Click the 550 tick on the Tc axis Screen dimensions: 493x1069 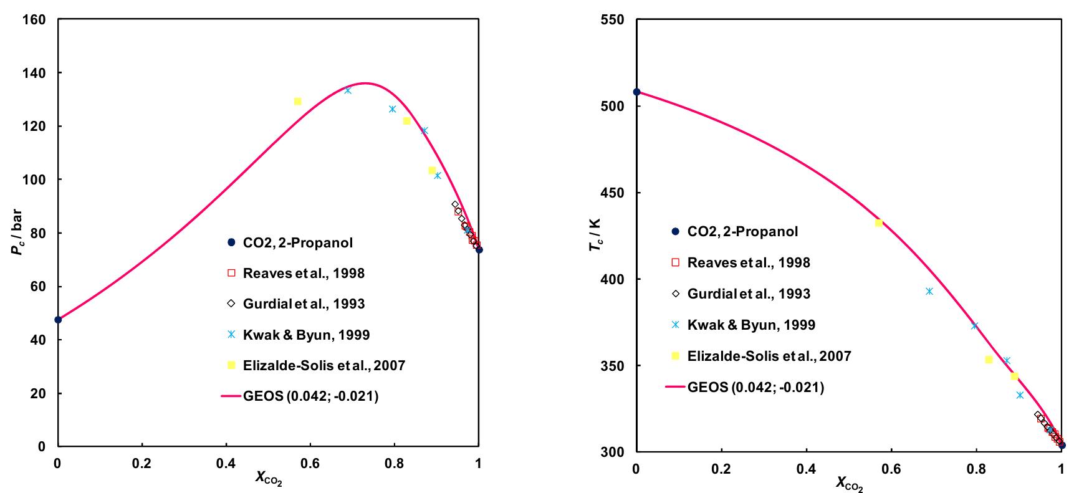(x=613, y=20)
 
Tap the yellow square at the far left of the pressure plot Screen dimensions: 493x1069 (x=297, y=102)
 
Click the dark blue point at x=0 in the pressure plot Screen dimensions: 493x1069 (x=58, y=320)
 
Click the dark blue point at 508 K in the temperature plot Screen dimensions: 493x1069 (x=636, y=92)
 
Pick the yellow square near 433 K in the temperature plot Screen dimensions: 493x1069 (x=879, y=223)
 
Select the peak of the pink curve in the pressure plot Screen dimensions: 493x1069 (x=366, y=83)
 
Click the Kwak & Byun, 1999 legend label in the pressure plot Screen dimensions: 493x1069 (x=306, y=335)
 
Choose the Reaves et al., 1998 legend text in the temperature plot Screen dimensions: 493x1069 (x=748, y=262)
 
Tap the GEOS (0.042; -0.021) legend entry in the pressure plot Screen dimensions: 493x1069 (x=310, y=396)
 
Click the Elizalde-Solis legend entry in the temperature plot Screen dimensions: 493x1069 (x=769, y=356)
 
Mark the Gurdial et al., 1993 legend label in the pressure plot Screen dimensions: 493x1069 (x=304, y=304)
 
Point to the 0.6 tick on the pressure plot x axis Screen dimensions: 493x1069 (x=310, y=463)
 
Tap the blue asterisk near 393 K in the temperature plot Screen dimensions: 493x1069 (x=929, y=291)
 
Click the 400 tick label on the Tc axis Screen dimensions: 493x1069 (x=613, y=279)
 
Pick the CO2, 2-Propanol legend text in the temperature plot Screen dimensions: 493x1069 (x=742, y=231)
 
